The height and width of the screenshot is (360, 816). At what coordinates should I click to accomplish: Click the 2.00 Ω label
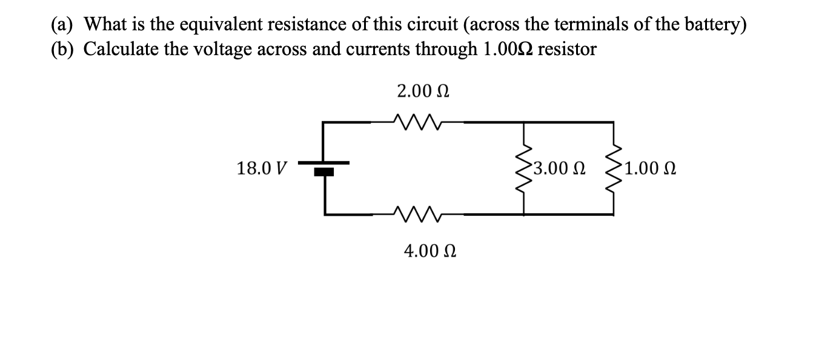pos(423,92)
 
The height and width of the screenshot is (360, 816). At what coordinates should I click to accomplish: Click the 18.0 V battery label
pos(262,168)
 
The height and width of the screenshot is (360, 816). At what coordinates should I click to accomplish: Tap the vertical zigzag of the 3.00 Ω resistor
pos(524,168)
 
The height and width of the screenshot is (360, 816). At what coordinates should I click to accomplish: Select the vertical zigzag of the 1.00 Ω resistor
pos(614,168)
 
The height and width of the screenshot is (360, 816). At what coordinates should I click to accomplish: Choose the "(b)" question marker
pos(62,49)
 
